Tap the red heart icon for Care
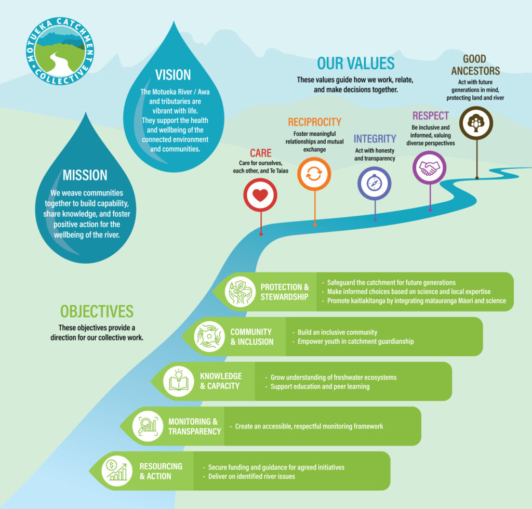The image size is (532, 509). [260, 195]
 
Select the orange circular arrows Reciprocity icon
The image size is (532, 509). [314, 174]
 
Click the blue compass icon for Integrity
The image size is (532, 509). [374, 183]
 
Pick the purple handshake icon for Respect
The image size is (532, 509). [430, 167]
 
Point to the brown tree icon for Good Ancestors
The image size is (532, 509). [476, 123]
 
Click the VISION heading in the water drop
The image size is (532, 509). [173, 74]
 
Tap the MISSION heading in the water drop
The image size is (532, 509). [85, 175]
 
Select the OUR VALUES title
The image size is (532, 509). [356, 63]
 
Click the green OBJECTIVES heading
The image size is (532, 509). [97, 311]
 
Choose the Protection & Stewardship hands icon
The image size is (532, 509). [240, 292]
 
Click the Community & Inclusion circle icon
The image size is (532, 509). [209, 336]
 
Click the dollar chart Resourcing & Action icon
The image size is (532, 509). [116, 471]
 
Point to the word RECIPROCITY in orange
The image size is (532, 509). [314, 122]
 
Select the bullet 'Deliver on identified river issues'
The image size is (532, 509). [251, 476]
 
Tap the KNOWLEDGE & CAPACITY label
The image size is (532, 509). [221, 381]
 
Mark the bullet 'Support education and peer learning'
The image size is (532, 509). [320, 386]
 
